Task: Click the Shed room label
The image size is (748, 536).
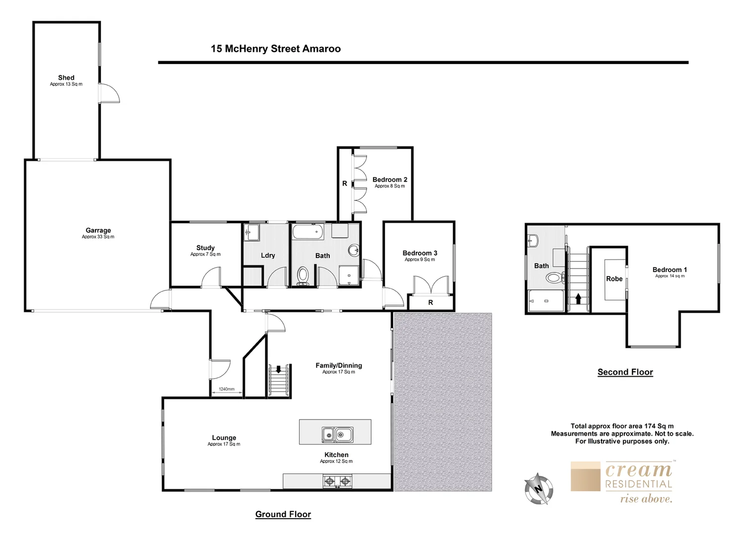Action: point(66,78)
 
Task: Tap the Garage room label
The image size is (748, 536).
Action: point(98,230)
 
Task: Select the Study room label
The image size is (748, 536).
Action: point(205,248)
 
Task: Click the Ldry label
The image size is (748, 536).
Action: point(268,256)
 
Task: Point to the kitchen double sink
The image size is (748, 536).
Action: point(337,435)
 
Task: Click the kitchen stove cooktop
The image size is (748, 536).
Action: point(337,481)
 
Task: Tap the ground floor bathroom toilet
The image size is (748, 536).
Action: point(302,276)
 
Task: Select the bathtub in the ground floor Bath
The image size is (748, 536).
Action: point(308,232)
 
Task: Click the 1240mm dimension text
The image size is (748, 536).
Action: point(226,389)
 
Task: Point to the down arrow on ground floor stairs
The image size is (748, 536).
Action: point(278,369)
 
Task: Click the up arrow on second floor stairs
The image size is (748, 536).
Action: point(578,299)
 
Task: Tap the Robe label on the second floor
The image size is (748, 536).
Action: point(614,279)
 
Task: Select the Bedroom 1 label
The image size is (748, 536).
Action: point(670,270)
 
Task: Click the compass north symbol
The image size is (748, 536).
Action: point(538,488)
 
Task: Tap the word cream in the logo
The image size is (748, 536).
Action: point(638,469)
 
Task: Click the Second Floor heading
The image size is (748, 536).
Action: point(625,372)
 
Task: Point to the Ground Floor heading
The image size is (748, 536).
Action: point(283,514)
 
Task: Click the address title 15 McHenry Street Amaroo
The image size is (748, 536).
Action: point(276,49)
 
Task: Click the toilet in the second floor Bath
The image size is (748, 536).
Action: point(555,277)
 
